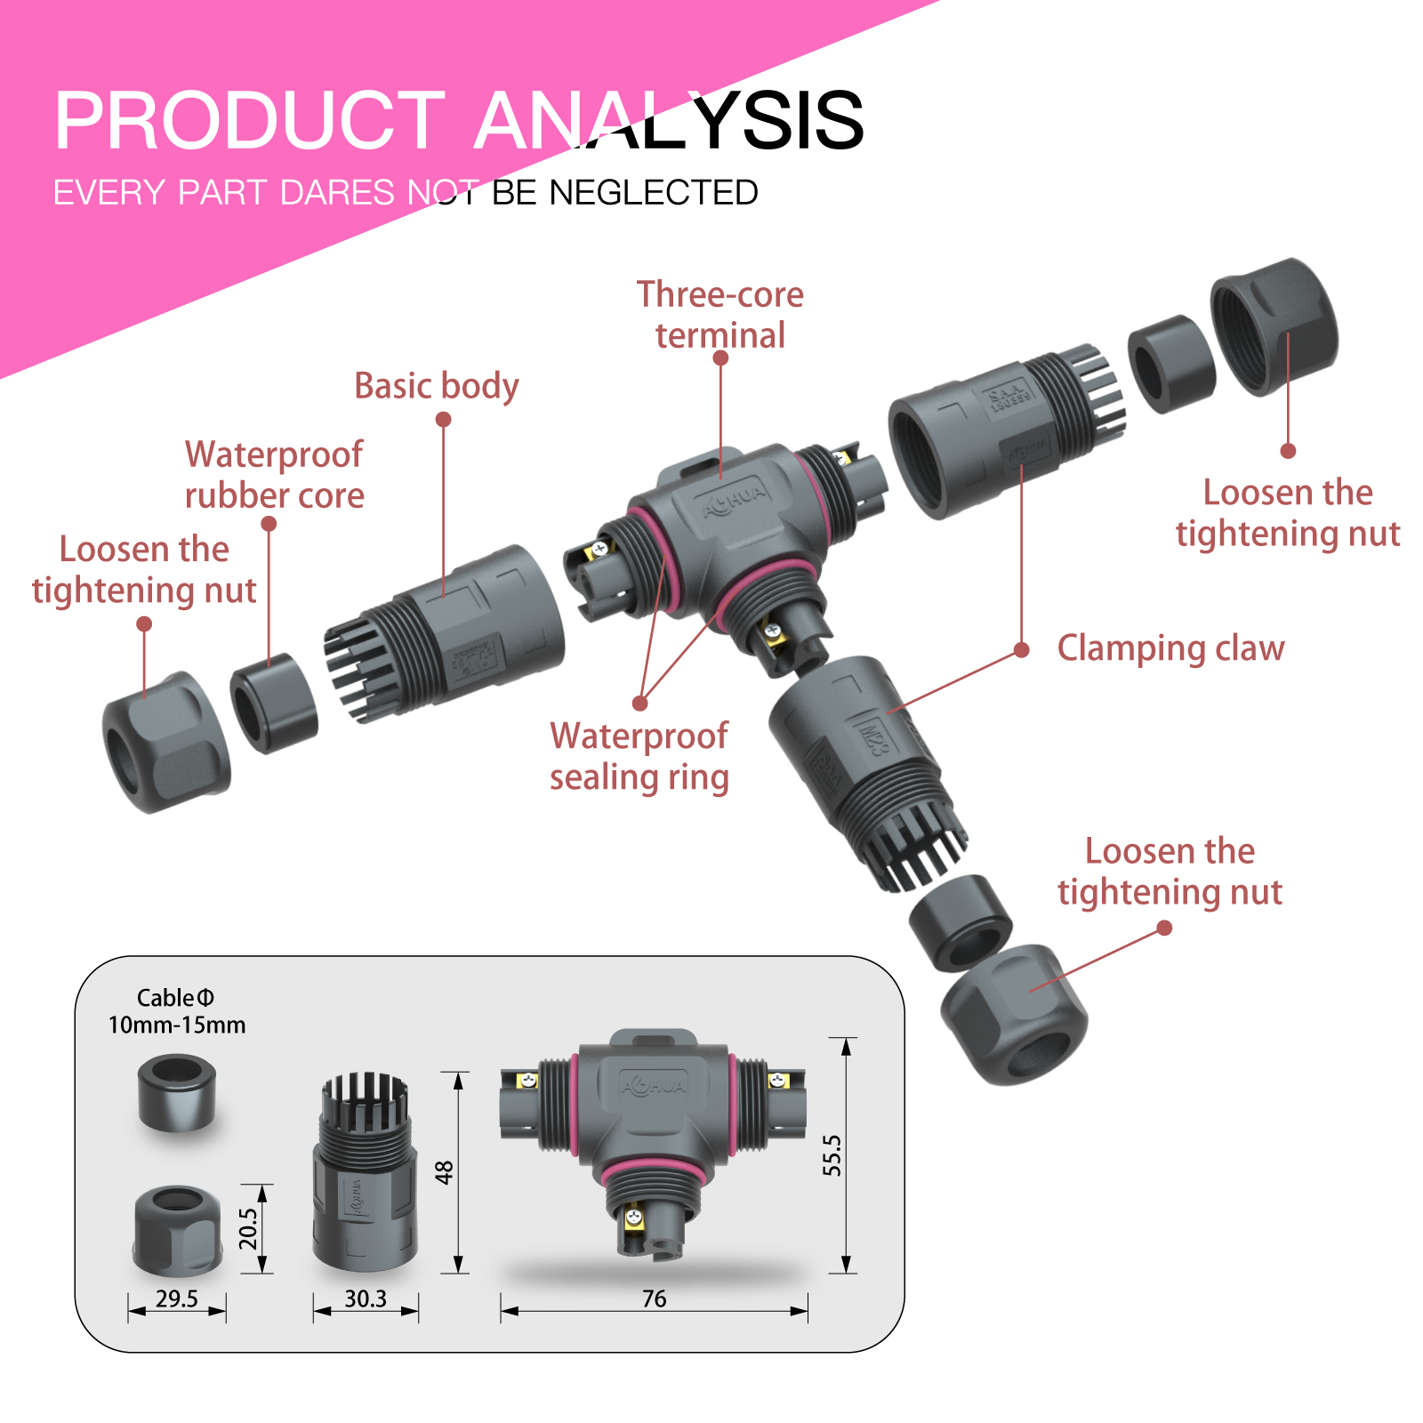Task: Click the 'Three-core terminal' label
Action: (x=720, y=315)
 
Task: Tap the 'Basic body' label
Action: (x=436, y=386)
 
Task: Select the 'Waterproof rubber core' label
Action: (x=274, y=475)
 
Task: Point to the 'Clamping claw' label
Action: (x=1170, y=648)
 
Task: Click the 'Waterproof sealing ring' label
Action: (x=639, y=756)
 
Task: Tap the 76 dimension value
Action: (x=654, y=1298)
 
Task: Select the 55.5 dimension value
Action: (x=832, y=1154)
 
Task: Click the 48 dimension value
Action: (x=445, y=1172)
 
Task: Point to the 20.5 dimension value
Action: (x=248, y=1228)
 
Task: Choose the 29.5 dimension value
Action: (x=176, y=1298)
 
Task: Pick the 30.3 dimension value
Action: (x=366, y=1298)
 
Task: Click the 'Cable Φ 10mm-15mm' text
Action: (x=176, y=1011)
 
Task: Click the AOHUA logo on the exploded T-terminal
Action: (x=733, y=501)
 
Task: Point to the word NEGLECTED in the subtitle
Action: (x=654, y=193)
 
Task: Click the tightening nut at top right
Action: (x=1274, y=326)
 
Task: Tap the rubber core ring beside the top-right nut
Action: (x=1170, y=364)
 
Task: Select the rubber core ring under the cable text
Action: (x=177, y=1092)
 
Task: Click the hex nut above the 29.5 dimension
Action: (x=177, y=1229)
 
